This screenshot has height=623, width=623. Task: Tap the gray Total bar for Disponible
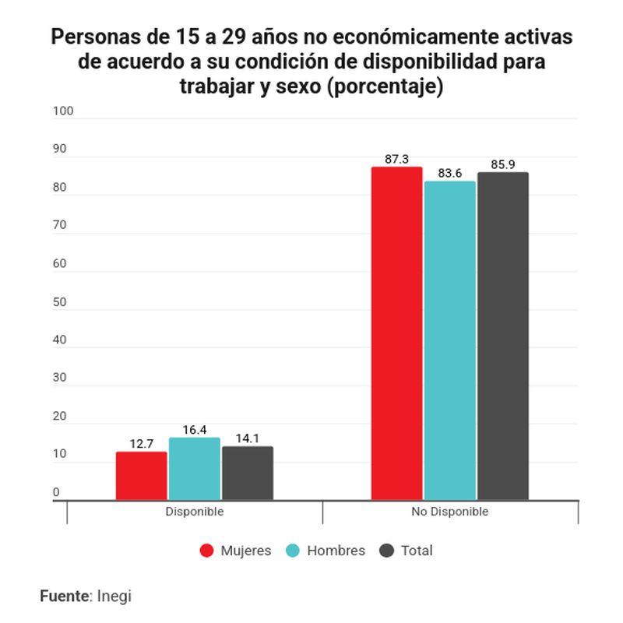(247, 473)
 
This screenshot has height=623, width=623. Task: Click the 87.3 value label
(396, 160)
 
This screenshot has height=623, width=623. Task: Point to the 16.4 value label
(194, 430)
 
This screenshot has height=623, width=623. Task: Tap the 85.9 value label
(503, 165)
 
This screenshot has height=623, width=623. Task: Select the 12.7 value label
(141, 444)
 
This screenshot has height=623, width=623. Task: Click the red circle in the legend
(206, 551)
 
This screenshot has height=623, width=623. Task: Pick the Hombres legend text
(336, 551)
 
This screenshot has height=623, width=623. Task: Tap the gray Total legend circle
(387, 551)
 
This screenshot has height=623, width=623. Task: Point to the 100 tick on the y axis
(63, 111)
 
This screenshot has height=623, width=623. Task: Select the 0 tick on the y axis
(56, 493)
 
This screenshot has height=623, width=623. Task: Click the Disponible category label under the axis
(194, 512)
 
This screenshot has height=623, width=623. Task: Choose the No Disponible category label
(449, 512)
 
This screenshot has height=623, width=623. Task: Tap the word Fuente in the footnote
(65, 597)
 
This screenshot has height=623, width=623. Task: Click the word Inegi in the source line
(114, 597)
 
